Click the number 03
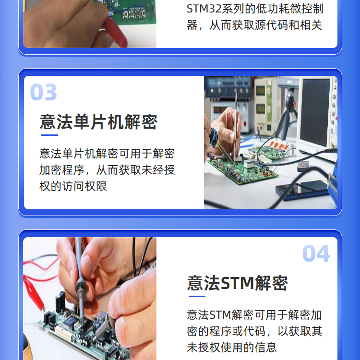[x=43, y=92]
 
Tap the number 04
[x=316, y=253]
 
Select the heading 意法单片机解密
[x=98, y=122]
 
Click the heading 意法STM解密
[x=238, y=283]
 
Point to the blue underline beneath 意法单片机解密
[x=49, y=135]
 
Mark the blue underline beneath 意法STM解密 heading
[x=197, y=296]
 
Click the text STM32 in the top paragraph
[x=204, y=9]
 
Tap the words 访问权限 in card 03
[x=84, y=186]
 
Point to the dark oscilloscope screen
[x=315, y=112]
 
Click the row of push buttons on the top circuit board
[x=134, y=14]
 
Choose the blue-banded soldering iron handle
[x=214, y=138]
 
